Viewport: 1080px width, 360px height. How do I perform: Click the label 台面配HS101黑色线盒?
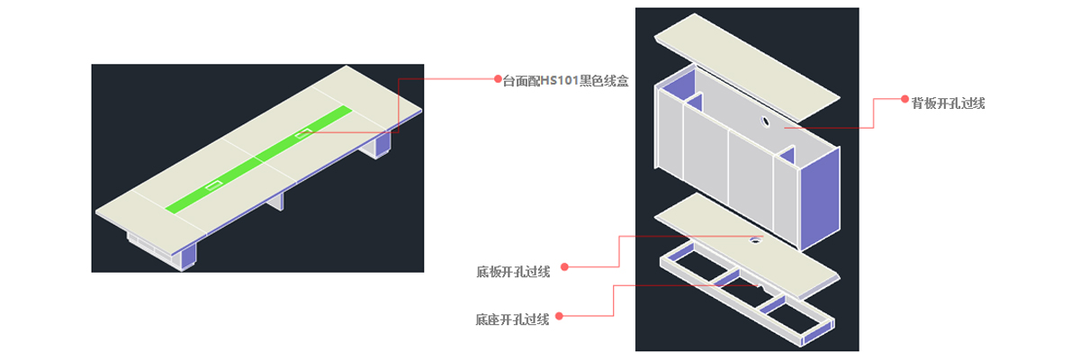click(565, 80)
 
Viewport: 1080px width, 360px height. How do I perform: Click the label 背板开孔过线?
click(948, 103)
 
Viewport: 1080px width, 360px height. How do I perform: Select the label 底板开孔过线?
click(513, 272)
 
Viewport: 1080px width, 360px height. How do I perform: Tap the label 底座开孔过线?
click(512, 319)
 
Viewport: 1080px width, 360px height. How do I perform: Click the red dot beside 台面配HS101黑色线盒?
click(498, 79)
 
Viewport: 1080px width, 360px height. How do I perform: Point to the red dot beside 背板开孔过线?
click(904, 99)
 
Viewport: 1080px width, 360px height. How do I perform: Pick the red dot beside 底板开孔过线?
click(564, 267)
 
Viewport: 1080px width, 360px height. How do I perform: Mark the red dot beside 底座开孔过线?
click(559, 316)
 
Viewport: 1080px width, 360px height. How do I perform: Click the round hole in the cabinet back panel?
click(765, 121)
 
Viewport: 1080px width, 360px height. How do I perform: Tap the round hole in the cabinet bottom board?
click(755, 239)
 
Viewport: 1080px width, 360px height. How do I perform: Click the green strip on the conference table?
click(259, 158)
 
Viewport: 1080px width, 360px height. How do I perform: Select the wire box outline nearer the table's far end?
click(303, 133)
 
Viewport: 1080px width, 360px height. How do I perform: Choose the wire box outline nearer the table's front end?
click(213, 185)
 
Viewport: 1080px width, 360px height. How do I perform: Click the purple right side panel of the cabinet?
click(820, 199)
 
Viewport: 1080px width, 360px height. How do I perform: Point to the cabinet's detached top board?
click(747, 67)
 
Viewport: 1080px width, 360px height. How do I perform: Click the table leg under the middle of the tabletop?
click(275, 202)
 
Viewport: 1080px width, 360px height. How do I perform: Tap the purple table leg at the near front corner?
click(188, 255)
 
